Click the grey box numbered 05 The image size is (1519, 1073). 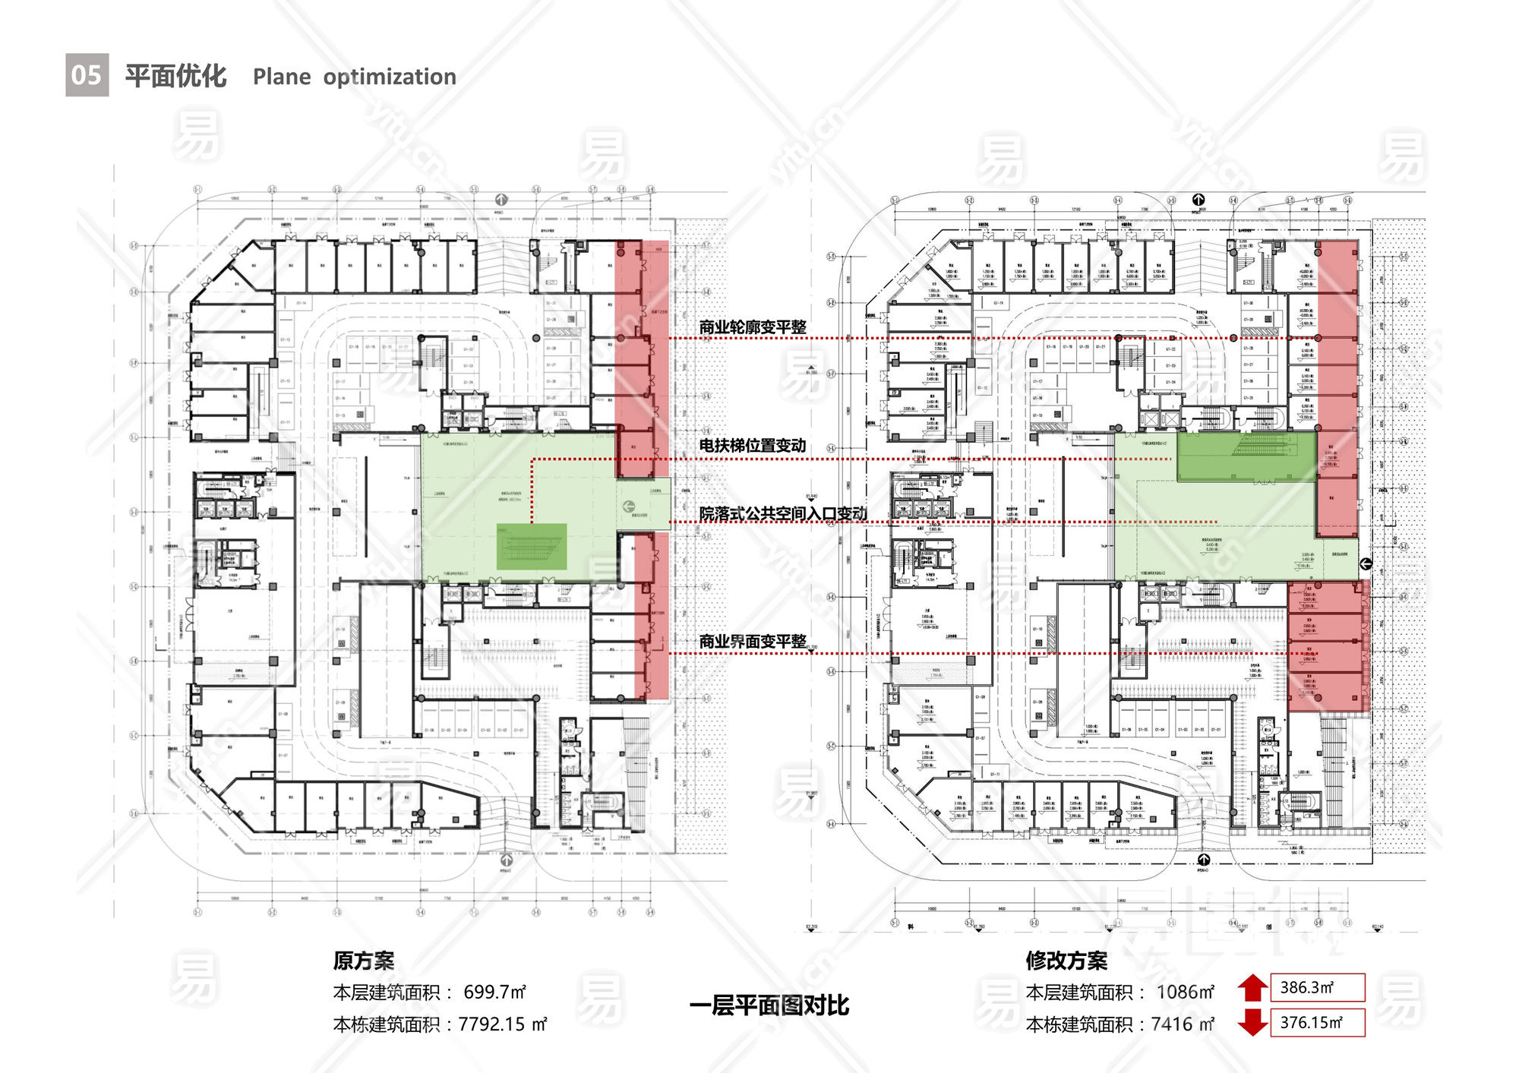tap(87, 75)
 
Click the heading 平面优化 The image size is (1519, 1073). tap(175, 76)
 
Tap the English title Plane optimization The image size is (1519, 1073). tap(354, 77)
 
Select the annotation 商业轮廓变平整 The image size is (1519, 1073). tap(752, 327)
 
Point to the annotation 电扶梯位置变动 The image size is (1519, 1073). tap(752, 446)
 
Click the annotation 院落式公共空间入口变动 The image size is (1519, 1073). tap(782, 514)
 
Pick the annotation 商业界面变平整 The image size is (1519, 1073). tap(752, 642)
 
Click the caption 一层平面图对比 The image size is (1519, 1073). tap(769, 1005)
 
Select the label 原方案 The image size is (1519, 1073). tap(363, 961)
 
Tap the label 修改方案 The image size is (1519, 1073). tap(1066, 961)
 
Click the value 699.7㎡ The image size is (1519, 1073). tap(494, 992)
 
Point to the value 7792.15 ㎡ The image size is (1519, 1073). tap(502, 1024)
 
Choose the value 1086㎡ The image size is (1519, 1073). tap(1185, 992)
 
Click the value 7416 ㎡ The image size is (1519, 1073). tap(1182, 1024)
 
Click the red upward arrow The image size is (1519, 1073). tap(1252, 988)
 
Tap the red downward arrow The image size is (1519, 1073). tap(1252, 1022)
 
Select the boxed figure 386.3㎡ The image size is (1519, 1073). tap(1317, 987)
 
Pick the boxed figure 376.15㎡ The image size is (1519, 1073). tap(1317, 1022)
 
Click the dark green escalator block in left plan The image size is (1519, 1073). tap(532, 546)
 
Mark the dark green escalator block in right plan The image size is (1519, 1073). tap(1246, 457)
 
